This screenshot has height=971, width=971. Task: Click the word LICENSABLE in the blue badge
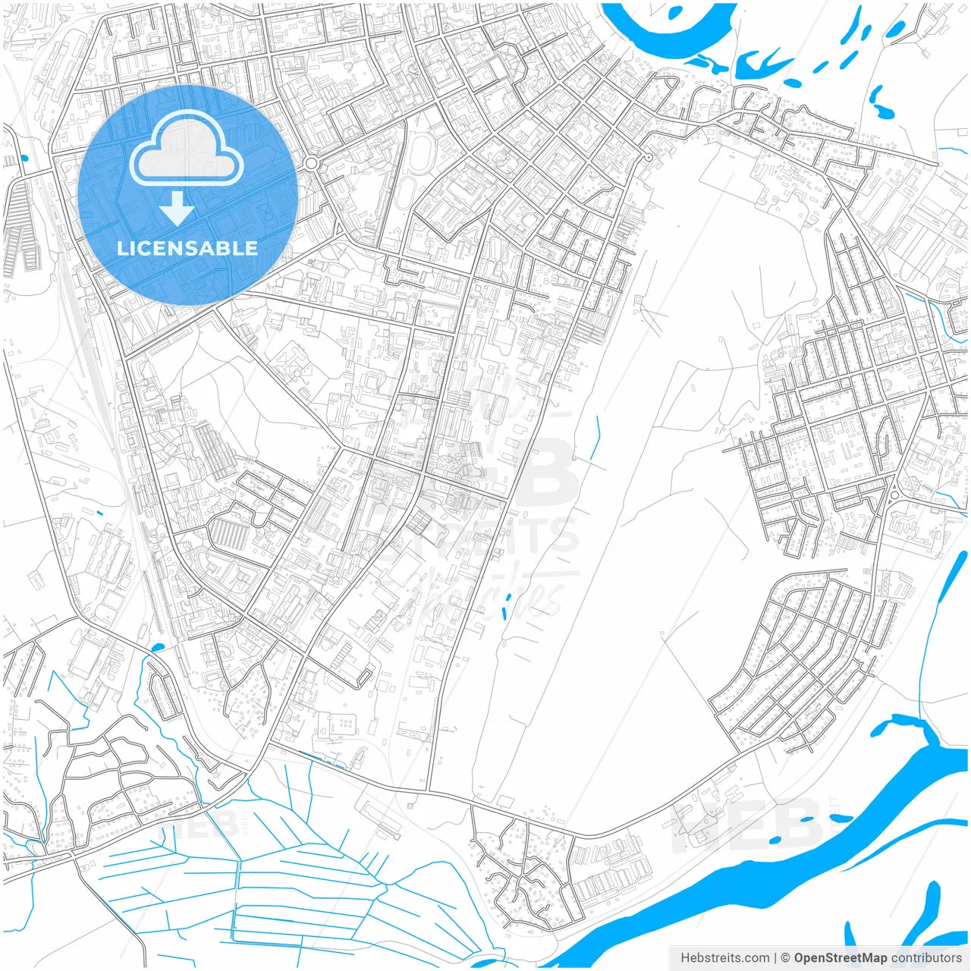187,248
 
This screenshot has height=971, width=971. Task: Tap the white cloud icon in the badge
187,149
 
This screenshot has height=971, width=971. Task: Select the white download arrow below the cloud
178,209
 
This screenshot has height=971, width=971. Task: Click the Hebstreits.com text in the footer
724,958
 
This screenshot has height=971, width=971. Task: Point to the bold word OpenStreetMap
840,958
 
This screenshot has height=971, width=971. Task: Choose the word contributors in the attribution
926,958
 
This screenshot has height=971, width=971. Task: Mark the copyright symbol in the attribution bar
785,958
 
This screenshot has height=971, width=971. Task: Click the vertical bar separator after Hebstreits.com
775,958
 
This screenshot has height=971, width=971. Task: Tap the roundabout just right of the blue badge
311,163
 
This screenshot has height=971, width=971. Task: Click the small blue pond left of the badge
24,159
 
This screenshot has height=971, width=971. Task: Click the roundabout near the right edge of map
894,495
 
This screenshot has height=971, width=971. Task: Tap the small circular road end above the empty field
648,157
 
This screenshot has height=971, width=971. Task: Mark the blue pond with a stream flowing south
158,647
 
